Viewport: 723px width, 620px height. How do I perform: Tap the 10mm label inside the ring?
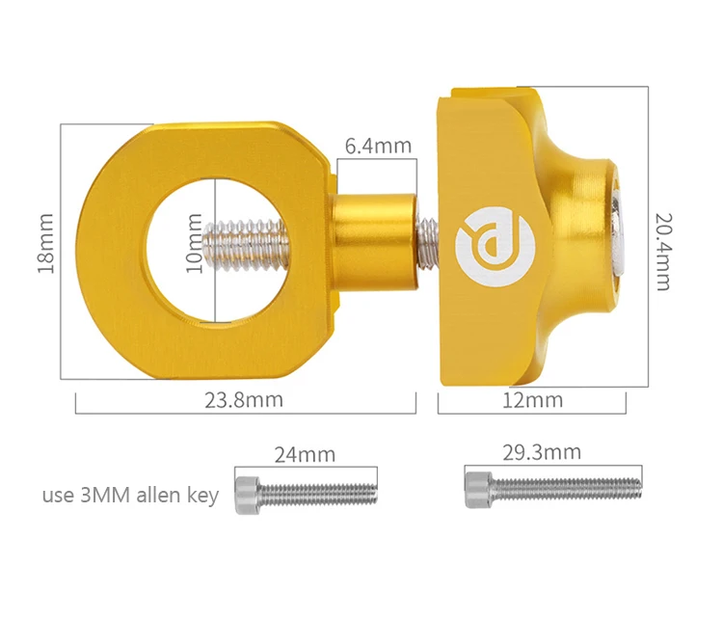coord(196,244)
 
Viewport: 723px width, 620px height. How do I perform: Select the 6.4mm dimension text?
coord(378,146)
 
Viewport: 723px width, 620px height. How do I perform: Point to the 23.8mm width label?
coord(244,399)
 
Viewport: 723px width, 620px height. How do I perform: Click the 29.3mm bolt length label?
coord(542,451)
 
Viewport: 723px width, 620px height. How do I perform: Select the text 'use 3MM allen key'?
coord(130,496)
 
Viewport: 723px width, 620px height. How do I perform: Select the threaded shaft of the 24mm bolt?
coord(319,493)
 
